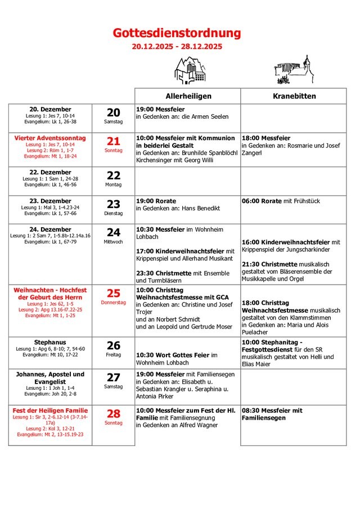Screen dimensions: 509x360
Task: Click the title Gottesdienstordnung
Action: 177,34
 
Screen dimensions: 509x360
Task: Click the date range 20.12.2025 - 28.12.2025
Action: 177,47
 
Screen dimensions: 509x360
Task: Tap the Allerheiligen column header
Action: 188,96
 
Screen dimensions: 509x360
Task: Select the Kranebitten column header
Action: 294,96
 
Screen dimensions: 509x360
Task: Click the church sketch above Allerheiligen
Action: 190,70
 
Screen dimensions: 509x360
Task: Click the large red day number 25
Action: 114,293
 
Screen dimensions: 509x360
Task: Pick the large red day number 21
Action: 114,141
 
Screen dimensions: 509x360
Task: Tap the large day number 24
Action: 114,232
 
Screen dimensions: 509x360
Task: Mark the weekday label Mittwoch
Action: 114,242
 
